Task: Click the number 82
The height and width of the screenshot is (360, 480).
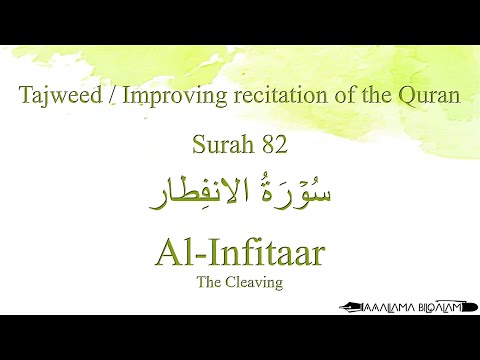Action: coord(273,146)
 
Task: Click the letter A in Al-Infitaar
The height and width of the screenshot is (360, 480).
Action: coord(167,252)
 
